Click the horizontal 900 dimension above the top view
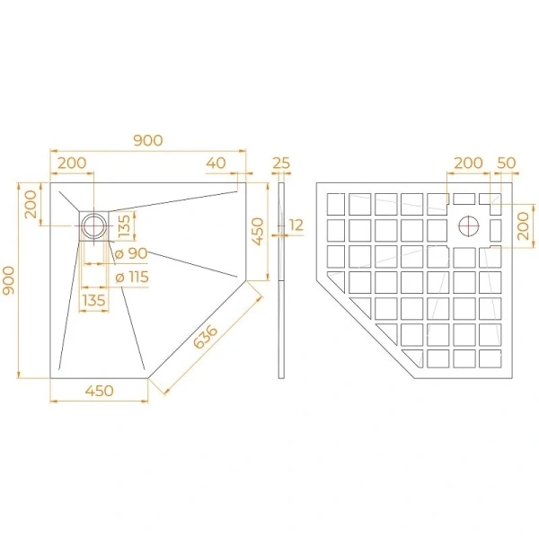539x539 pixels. point(147,140)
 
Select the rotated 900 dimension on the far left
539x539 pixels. point(8,280)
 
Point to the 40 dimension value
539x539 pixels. point(215,163)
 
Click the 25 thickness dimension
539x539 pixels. point(280,163)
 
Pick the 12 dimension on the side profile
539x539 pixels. point(296,225)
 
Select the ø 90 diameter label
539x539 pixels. point(131,254)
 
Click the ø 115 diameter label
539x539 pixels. point(131,277)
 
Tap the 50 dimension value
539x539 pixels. point(506,163)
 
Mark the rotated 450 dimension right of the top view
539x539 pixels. point(257,234)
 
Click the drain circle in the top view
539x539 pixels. point(93,225)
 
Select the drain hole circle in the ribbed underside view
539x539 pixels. point(470,225)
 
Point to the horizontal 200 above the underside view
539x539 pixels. point(467,163)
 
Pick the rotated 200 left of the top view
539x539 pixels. point(31,205)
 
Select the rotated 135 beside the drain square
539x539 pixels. point(125,222)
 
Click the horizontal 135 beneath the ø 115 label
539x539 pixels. point(94,299)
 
